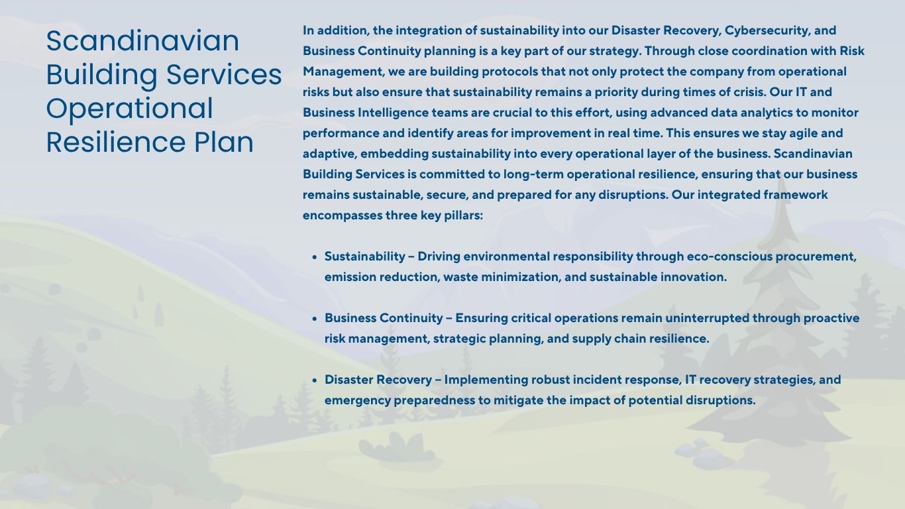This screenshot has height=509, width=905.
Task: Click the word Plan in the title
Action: [x=224, y=142]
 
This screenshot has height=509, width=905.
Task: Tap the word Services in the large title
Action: [x=224, y=74]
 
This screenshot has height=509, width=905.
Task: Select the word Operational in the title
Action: [x=129, y=109]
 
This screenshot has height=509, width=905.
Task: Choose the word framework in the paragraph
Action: [x=795, y=195]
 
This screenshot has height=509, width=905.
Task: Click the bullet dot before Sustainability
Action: [x=315, y=257]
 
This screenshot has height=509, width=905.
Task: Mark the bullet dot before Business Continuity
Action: [x=315, y=319]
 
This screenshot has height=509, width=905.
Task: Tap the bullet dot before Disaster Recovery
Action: [x=315, y=380]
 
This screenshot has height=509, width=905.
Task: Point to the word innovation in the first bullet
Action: [x=693, y=277]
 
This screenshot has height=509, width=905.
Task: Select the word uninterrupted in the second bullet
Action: [x=707, y=318]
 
